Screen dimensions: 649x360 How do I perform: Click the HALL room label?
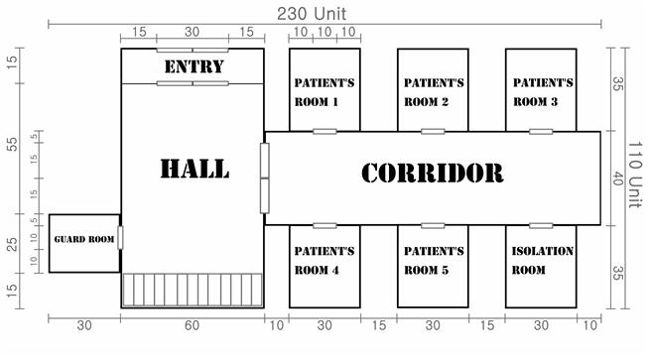click(x=195, y=169)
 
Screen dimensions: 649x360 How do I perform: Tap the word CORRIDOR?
click(x=433, y=173)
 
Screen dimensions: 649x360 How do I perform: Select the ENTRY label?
click(x=195, y=66)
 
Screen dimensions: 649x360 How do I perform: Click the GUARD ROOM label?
click(x=84, y=239)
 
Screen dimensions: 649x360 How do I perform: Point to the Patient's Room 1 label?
click(x=324, y=92)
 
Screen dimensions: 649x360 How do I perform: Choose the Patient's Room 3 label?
click(x=543, y=92)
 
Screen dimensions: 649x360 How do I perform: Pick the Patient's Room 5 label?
click(x=434, y=261)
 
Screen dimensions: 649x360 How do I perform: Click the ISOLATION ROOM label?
click(x=542, y=261)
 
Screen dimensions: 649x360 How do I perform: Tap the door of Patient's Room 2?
click(x=433, y=132)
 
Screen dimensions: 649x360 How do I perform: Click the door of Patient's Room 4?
click(x=324, y=225)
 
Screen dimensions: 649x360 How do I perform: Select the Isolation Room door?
click(x=541, y=225)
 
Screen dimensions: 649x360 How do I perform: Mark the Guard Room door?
click(x=120, y=237)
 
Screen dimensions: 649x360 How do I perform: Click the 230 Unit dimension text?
click(x=312, y=14)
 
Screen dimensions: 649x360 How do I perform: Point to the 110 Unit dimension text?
click(x=634, y=175)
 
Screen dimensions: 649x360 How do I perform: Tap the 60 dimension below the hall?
click(x=193, y=325)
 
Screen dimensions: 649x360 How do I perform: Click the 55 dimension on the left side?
click(x=13, y=144)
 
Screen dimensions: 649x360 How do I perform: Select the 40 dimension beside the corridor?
click(x=616, y=179)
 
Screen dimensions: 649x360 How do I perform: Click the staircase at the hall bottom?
click(x=193, y=290)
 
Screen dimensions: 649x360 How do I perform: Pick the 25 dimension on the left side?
click(x=13, y=244)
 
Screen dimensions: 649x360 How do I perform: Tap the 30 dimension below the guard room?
click(x=84, y=325)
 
